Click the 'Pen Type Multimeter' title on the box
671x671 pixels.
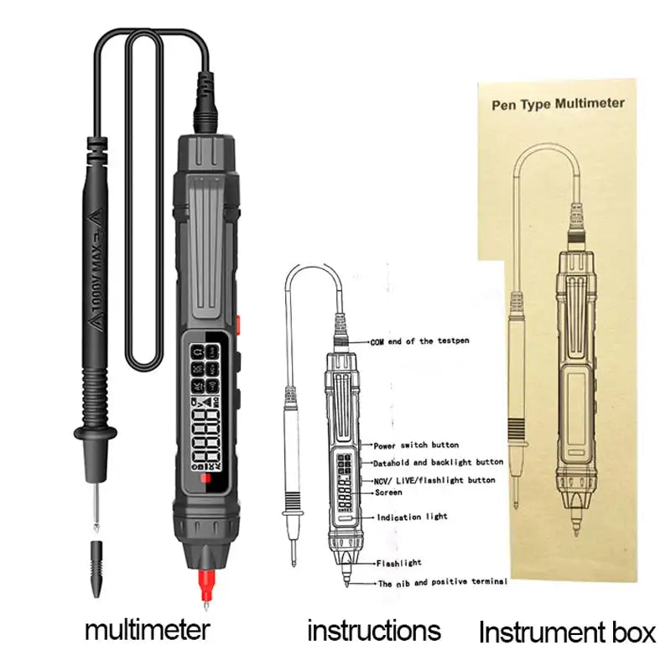tap(557, 104)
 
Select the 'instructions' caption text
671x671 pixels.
tap(373, 630)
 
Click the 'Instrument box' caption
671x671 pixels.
tap(567, 631)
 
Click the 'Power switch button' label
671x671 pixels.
tap(416, 445)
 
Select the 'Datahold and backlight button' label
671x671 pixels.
tap(438, 462)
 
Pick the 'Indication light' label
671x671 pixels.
tap(412, 517)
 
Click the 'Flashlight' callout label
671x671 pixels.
tap(398, 563)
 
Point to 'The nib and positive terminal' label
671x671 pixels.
tap(442, 582)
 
